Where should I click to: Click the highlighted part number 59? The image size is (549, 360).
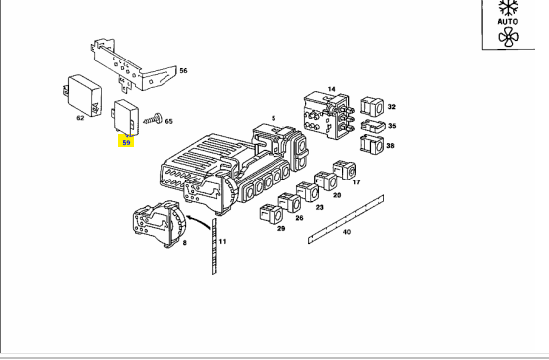point(126,143)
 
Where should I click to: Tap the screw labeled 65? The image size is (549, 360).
point(153,120)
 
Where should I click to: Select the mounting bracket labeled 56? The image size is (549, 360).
point(134,65)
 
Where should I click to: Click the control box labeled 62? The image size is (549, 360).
point(83,95)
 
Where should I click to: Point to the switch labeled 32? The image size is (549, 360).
point(372,107)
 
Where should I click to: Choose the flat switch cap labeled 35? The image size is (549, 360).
point(374,126)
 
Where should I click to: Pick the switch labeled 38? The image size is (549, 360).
point(372,145)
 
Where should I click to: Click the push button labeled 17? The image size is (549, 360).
point(344,170)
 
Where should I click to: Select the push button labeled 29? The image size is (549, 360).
point(271,213)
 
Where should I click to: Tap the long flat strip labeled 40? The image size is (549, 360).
point(346,219)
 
